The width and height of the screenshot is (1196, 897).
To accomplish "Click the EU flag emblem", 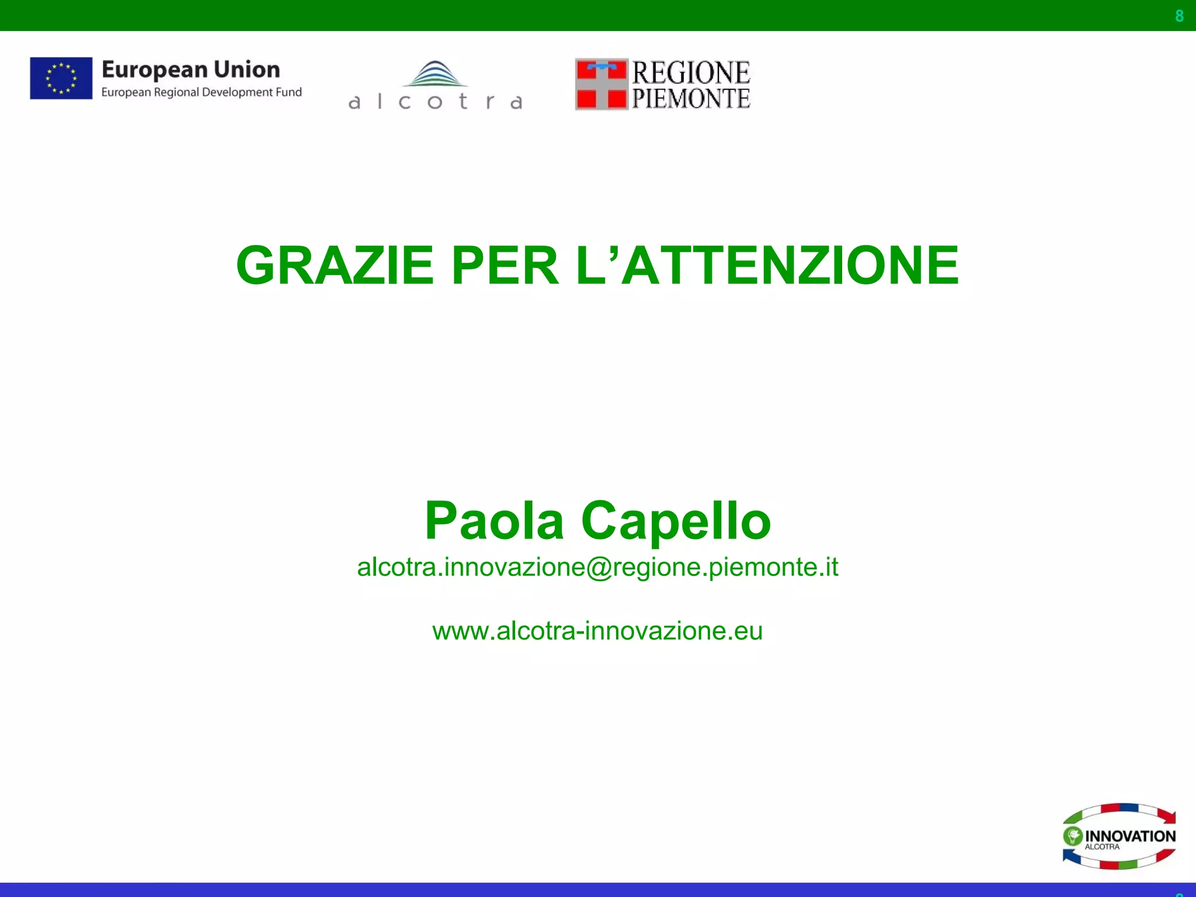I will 61,78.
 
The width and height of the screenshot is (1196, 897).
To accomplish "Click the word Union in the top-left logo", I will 246,69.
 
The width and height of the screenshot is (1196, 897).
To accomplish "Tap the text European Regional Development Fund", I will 201,92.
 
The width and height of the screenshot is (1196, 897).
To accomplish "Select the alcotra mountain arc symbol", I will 435,74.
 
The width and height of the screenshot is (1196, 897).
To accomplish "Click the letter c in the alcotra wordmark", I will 404,102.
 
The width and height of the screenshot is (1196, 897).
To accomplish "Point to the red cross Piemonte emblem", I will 601,84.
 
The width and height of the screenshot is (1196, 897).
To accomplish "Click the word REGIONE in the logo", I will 691,72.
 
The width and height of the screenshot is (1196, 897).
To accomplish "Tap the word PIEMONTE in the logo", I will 691,98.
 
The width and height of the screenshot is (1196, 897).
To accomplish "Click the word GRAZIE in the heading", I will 334,265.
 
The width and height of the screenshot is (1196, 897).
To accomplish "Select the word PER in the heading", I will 505,265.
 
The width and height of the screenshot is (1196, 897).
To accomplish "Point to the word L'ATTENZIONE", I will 767,265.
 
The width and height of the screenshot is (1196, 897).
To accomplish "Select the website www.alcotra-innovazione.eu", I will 597,631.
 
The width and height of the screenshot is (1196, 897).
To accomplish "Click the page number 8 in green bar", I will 1179,16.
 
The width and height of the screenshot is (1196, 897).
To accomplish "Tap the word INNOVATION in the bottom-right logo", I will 1130,836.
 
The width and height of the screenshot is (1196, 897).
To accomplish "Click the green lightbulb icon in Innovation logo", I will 1073,836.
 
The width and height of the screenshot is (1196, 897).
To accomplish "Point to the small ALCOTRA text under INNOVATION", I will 1102,847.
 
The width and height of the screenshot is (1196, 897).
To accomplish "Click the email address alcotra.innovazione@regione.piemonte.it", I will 597,567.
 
